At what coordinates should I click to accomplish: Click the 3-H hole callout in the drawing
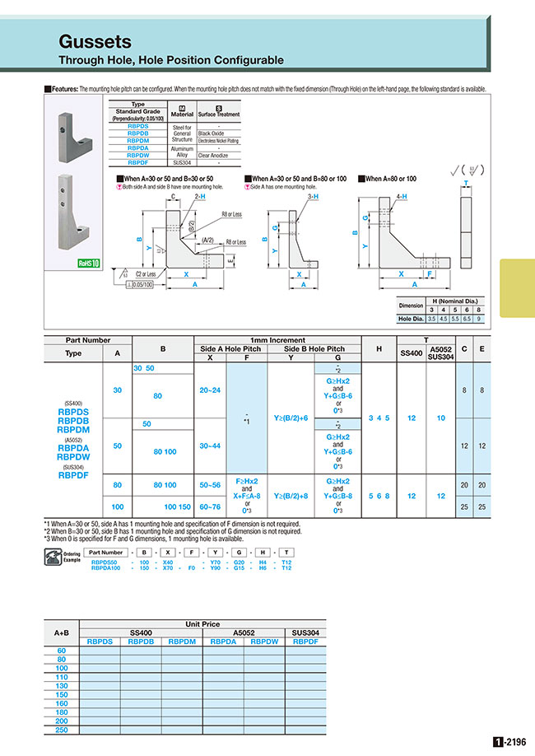311,197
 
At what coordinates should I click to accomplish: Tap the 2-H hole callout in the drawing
200,197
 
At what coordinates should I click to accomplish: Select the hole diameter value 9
480,318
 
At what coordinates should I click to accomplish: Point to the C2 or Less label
145,273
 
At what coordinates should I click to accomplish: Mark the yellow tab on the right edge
517,287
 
